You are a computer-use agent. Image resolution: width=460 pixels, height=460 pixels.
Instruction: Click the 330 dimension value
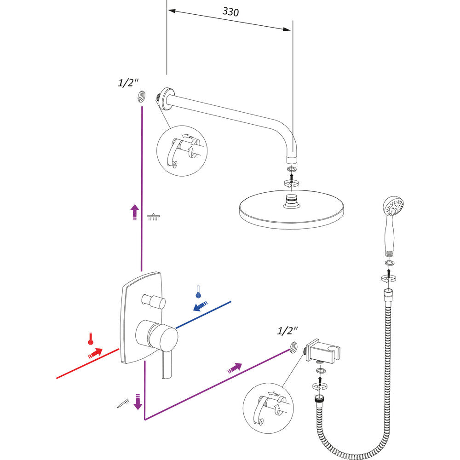(x=230, y=12)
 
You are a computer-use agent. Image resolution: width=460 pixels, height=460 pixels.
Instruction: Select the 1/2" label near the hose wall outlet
(x=287, y=330)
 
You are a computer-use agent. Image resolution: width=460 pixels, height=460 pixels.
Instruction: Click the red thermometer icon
(x=91, y=339)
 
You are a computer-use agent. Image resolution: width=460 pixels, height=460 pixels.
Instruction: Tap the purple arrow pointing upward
(x=134, y=213)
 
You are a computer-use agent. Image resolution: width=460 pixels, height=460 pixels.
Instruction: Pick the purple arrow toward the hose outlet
(x=235, y=367)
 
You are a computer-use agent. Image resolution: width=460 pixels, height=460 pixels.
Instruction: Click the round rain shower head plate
(x=292, y=209)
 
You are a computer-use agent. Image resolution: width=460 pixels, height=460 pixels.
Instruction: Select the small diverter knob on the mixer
(x=154, y=301)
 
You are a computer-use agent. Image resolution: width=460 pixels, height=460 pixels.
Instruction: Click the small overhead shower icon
(x=153, y=216)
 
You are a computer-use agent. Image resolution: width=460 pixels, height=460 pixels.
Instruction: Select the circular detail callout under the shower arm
(x=182, y=150)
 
